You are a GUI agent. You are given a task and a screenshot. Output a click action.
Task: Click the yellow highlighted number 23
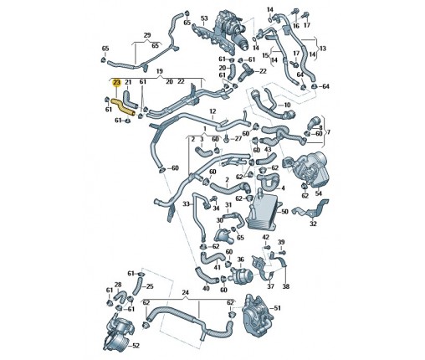116,82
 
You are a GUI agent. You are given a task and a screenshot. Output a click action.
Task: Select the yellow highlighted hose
123,107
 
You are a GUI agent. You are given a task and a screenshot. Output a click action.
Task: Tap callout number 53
204,18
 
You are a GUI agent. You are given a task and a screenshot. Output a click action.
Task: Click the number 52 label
136,346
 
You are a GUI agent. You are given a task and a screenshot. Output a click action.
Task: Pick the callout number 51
277,308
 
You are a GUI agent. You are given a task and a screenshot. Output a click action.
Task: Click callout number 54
318,193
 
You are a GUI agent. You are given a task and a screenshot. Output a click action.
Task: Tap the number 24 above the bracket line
186,293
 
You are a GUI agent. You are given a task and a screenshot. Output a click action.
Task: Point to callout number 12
212,111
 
